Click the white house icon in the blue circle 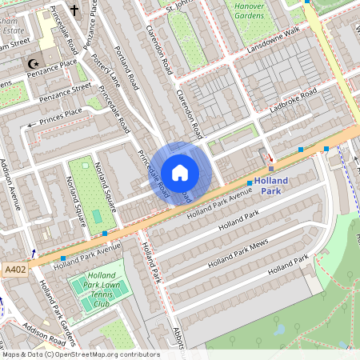click(180, 171)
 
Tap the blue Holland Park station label click(271, 186)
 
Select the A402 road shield click(15, 269)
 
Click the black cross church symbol click(74, 10)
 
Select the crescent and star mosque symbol click(34, 62)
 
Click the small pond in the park click(279, 328)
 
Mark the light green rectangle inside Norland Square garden click(97, 216)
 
